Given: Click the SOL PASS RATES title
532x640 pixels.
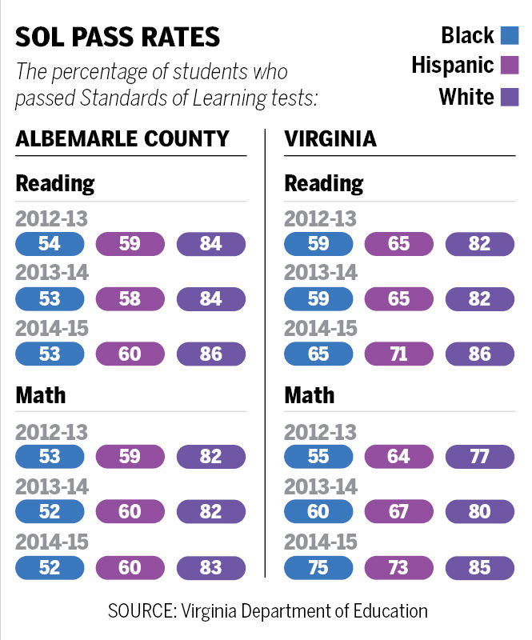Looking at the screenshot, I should pos(118,38).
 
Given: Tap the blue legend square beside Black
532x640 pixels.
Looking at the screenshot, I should pos(510,35).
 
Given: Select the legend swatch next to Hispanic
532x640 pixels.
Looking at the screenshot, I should pos(510,66).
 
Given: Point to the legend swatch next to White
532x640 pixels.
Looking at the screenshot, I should pos(510,97).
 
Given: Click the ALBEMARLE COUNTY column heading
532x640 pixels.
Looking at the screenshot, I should pos(122,138).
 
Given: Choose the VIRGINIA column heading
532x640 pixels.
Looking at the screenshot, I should pos(330,138).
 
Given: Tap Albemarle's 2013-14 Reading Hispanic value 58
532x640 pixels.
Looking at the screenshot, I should pos(130,299).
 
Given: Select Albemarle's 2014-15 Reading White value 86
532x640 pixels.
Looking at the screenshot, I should pos(210,354).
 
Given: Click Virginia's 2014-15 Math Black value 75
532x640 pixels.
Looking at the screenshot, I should pos(318,568).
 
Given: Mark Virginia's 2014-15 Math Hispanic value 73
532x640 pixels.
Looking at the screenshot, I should pos(398,568).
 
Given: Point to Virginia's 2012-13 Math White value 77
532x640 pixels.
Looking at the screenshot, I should pos(479,457).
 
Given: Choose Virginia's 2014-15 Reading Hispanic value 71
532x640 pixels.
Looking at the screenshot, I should pos(398,354).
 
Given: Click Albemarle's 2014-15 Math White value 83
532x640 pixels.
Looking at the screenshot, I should pos(210,568).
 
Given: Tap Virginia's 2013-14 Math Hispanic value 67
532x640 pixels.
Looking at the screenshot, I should pos(398,512).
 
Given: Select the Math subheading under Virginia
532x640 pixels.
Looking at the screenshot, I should pos(310,395).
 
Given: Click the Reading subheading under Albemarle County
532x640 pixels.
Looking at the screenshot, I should pos(55,183).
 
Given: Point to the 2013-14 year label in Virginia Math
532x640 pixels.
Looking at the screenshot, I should pos(321,486).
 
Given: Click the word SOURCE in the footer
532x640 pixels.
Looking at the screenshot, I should pos(141,611).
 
